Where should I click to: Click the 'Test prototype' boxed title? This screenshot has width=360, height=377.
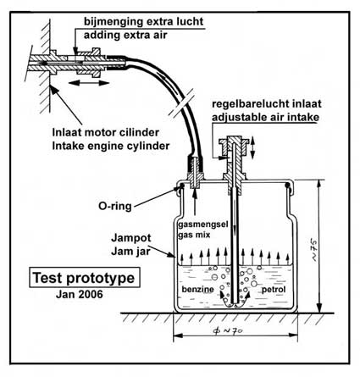[x=85, y=278]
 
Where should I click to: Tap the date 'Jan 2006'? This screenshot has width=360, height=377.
[x=80, y=295]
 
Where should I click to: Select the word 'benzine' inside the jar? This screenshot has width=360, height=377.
[x=197, y=290]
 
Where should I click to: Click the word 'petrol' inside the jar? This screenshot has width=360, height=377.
[x=274, y=290]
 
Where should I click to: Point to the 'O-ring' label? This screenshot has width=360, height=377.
[x=115, y=206]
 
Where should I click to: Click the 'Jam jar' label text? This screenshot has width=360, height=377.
[x=130, y=251]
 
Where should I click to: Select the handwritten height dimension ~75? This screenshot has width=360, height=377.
[x=314, y=250]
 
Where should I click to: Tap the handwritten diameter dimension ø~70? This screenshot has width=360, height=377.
[x=229, y=331]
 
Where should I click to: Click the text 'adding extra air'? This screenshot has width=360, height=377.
[x=125, y=35]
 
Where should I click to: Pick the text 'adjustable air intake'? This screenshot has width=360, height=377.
[x=265, y=117]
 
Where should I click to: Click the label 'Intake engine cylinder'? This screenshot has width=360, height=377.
[x=111, y=146]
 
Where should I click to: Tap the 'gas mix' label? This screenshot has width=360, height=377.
[x=194, y=235]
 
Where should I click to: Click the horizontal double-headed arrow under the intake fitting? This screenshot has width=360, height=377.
[x=89, y=83]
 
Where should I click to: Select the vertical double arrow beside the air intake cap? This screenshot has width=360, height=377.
[x=252, y=147]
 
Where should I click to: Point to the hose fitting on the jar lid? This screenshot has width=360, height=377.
[x=196, y=172]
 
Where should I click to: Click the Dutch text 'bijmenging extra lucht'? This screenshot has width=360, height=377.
[x=143, y=21]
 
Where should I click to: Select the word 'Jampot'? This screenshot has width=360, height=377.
[x=131, y=238]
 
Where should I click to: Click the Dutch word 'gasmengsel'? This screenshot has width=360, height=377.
[x=202, y=225]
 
